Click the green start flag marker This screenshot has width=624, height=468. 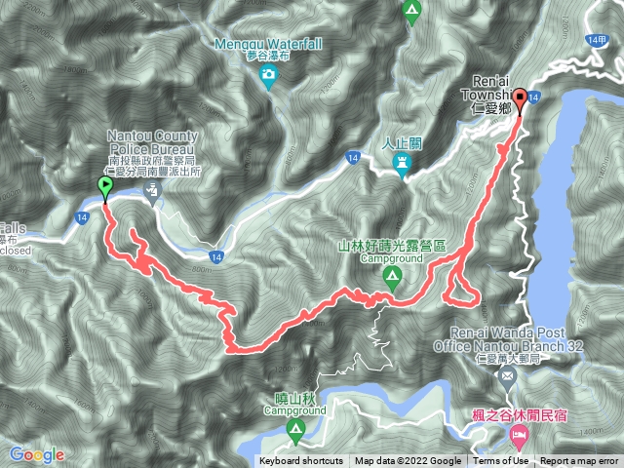pos(105,187)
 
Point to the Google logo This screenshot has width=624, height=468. pos(37,454)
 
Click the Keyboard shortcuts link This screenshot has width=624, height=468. pos(300,461)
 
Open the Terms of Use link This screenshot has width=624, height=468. pos(500,461)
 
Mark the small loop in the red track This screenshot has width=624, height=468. pos(460,287)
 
